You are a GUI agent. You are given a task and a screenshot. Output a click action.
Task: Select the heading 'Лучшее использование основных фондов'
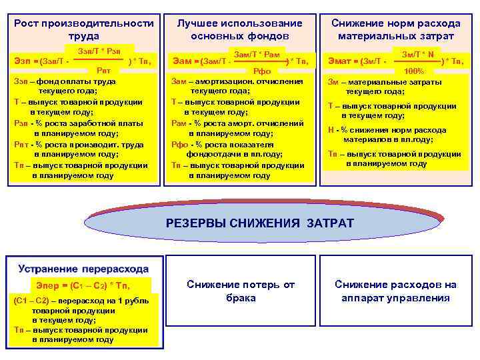point(239,29)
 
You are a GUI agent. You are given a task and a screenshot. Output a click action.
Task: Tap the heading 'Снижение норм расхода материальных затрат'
point(396,29)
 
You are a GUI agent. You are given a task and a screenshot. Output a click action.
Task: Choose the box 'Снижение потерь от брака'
point(240,291)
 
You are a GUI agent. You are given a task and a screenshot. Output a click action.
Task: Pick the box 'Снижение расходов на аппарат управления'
point(395,291)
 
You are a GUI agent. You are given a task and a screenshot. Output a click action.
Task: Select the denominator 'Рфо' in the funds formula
point(260,71)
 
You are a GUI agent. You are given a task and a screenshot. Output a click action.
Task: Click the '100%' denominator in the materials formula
point(413,71)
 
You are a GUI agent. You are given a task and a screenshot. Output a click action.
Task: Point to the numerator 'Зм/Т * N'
point(418,52)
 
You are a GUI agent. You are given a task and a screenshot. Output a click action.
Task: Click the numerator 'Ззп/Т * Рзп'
point(99,51)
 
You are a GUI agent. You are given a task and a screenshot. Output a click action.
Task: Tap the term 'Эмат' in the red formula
point(342,61)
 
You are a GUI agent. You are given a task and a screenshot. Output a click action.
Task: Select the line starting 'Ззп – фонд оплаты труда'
point(65,81)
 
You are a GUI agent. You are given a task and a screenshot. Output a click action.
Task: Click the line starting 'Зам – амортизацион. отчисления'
point(237,81)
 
